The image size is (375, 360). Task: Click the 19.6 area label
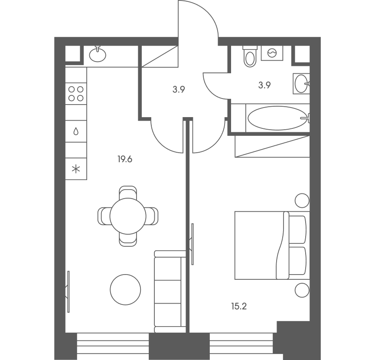point(125,159)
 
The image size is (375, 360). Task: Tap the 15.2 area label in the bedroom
point(239,306)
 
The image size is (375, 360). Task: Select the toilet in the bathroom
point(250,56)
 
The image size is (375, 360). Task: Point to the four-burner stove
point(76,94)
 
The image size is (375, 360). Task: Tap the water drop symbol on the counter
point(76,131)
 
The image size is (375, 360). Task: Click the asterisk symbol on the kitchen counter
point(76,169)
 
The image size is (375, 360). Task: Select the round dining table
point(128,216)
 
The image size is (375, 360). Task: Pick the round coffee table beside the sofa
point(125,290)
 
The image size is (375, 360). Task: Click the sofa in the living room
point(170,291)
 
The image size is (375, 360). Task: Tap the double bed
point(272,245)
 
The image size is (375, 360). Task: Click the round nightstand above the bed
point(302,200)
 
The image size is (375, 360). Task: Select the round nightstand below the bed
point(302,290)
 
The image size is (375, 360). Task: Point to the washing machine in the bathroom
point(272,53)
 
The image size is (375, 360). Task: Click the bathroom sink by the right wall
point(301,83)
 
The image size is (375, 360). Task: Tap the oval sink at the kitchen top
point(98,54)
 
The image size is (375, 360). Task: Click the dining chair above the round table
point(128,193)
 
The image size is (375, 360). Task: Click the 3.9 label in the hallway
point(179,90)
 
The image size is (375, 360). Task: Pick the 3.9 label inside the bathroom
point(264,85)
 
